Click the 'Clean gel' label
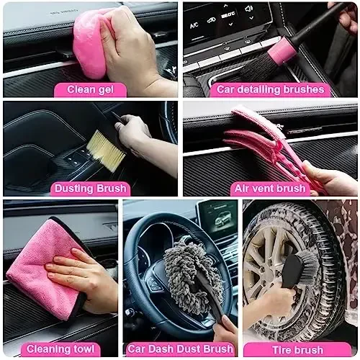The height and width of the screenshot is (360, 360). tap(91, 89)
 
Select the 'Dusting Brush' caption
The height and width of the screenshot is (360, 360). tap(91, 189)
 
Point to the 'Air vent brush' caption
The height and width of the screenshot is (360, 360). tap(270, 189)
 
